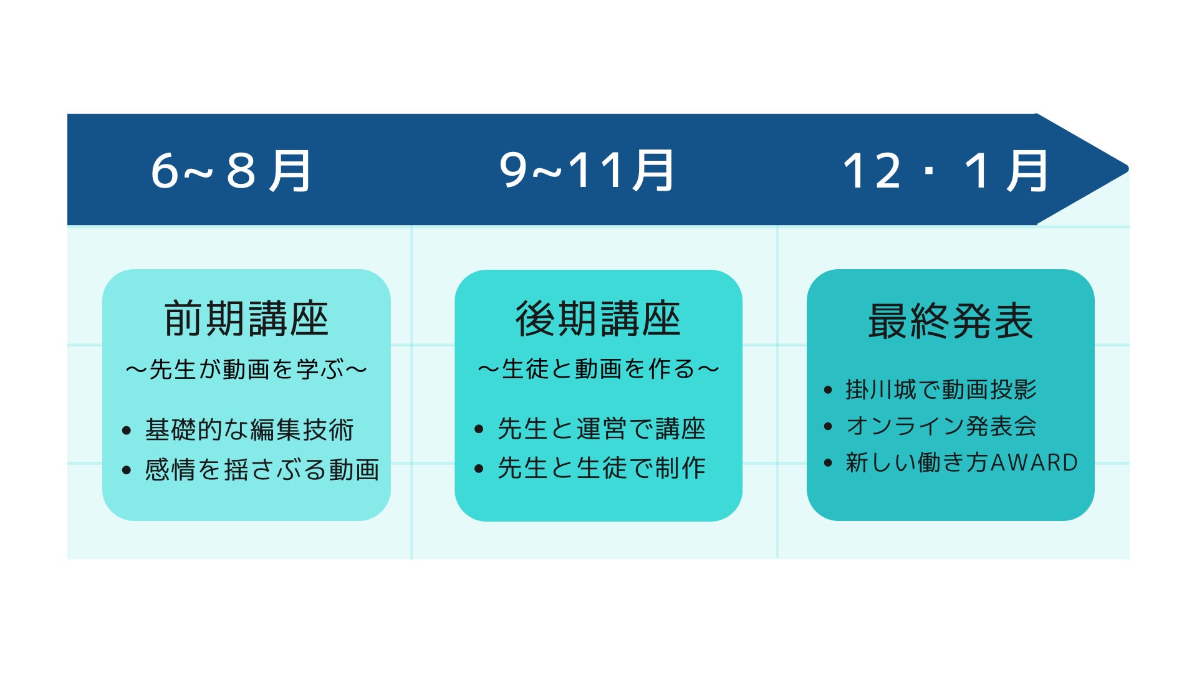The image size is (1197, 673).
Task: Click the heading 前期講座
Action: (x=246, y=319)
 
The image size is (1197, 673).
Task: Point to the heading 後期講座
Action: (x=598, y=319)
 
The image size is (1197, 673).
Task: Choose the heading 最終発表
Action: (x=950, y=322)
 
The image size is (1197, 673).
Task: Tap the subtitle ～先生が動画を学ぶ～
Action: (x=246, y=370)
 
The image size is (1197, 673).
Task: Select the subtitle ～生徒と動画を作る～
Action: (x=598, y=369)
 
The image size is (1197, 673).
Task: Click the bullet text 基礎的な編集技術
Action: (x=249, y=430)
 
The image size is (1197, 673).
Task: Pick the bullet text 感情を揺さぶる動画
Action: (x=262, y=469)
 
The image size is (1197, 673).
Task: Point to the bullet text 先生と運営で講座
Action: (x=601, y=429)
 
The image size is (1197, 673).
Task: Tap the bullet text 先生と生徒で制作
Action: (x=601, y=468)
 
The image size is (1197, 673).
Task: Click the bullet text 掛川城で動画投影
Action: (x=941, y=390)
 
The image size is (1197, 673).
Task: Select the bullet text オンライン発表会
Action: (x=941, y=426)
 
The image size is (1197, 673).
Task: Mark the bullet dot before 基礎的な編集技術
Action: (x=127, y=431)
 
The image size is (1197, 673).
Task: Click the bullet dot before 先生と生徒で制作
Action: (x=479, y=469)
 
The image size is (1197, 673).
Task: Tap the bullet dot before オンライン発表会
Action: (x=828, y=427)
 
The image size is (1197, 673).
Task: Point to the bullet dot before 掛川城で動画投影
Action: (x=828, y=391)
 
